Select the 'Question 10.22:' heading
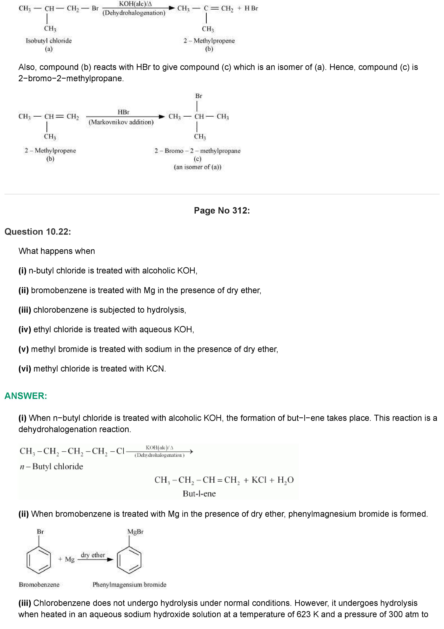38,232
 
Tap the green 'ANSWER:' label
26,396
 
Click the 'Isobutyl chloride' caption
49,41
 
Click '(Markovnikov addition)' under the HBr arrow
121,122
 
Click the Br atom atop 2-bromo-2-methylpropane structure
199,96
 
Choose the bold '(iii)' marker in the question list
25,310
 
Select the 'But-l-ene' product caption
199,494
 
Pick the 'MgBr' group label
135,532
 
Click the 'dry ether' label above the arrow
93,555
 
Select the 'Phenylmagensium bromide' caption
129,585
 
